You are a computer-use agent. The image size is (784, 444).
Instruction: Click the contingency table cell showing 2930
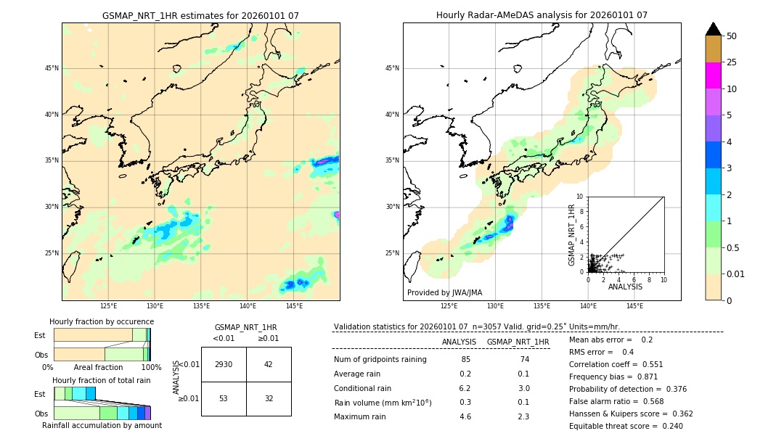pos(224,364)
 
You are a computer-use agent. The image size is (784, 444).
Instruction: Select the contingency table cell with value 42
pos(269,364)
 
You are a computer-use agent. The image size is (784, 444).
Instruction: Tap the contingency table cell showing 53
pos(224,398)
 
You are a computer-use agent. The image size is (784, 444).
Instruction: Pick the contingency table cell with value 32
pos(269,398)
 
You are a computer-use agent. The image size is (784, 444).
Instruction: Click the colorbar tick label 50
pos(732,36)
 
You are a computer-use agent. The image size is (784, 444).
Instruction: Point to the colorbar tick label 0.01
pos(736,274)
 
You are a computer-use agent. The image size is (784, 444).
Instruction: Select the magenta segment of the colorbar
pos(713,75)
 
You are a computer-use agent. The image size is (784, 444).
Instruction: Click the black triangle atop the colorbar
pos(713,29)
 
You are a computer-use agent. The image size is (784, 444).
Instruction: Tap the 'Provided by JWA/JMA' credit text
pos(444,292)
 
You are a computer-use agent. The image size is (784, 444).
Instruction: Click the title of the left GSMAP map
pos(200,15)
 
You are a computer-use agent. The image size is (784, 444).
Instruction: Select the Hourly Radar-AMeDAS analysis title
pos(542,15)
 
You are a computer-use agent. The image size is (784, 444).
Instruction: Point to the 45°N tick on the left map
pos(52,68)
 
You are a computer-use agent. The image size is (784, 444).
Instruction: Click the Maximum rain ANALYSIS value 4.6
pos(465,416)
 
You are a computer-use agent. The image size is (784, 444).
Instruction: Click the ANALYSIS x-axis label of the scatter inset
pos(625,287)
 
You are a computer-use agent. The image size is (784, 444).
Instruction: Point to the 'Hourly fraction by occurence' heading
pos(102,321)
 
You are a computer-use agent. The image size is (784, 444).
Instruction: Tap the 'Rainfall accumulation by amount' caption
pos(102,425)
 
